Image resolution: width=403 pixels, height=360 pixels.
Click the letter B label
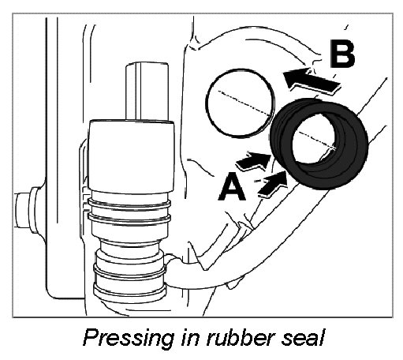(x=342, y=54)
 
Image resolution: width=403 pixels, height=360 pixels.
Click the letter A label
(x=232, y=186)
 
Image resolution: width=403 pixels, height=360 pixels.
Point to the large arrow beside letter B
(x=311, y=80)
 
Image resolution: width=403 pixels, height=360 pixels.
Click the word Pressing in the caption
(x=129, y=339)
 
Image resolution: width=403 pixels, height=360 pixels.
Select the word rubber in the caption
(x=242, y=337)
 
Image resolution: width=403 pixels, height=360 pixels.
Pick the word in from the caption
(x=191, y=337)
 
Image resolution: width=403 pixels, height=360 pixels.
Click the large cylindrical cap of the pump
(x=131, y=156)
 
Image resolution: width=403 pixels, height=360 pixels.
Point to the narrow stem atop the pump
(x=147, y=92)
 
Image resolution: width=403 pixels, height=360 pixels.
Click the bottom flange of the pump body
(x=130, y=291)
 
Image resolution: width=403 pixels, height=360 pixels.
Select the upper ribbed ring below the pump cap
(x=130, y=203)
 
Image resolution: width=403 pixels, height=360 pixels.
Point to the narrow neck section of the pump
(x=130, y=248)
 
